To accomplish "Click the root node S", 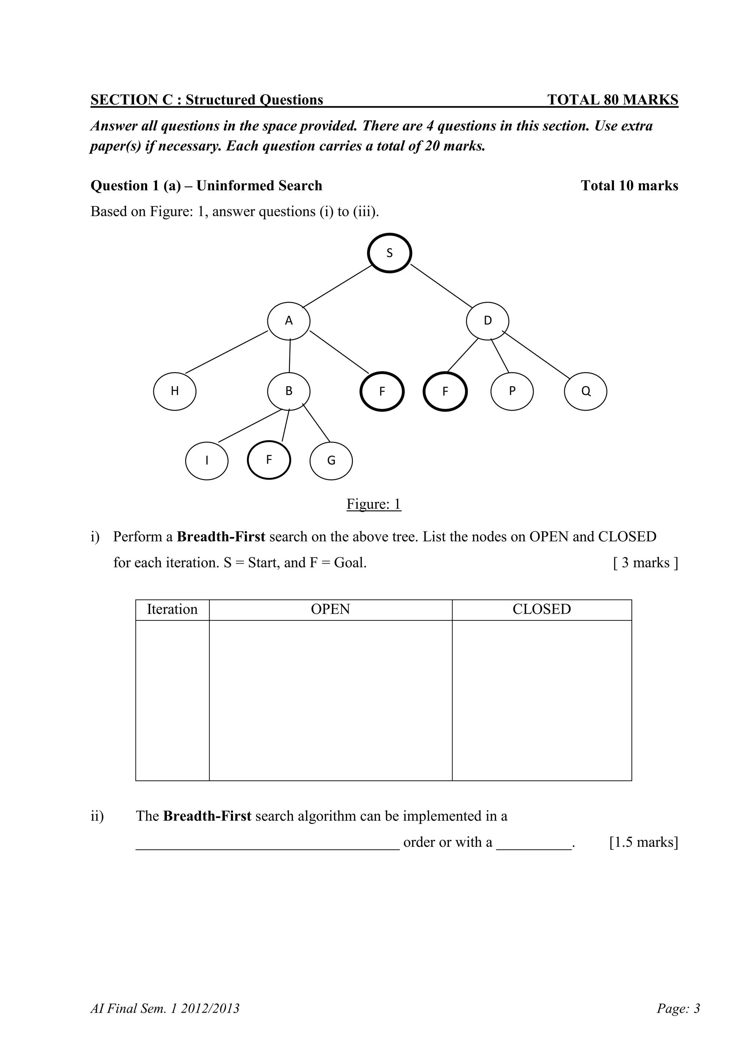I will (389, 253).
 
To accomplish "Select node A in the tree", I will (289, 321).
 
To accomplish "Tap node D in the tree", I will (488, 321).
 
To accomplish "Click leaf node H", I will (175, 391).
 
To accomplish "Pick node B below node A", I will (289, 391).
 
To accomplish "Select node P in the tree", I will (512, 391).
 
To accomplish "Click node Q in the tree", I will (585, 391).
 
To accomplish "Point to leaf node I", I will (207, 460).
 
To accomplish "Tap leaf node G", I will (331, 460).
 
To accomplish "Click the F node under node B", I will (269, 460).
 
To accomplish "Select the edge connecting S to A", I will (337, 286).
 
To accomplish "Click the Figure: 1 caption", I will (374, 504).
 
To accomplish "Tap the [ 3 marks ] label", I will (645, 563).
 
